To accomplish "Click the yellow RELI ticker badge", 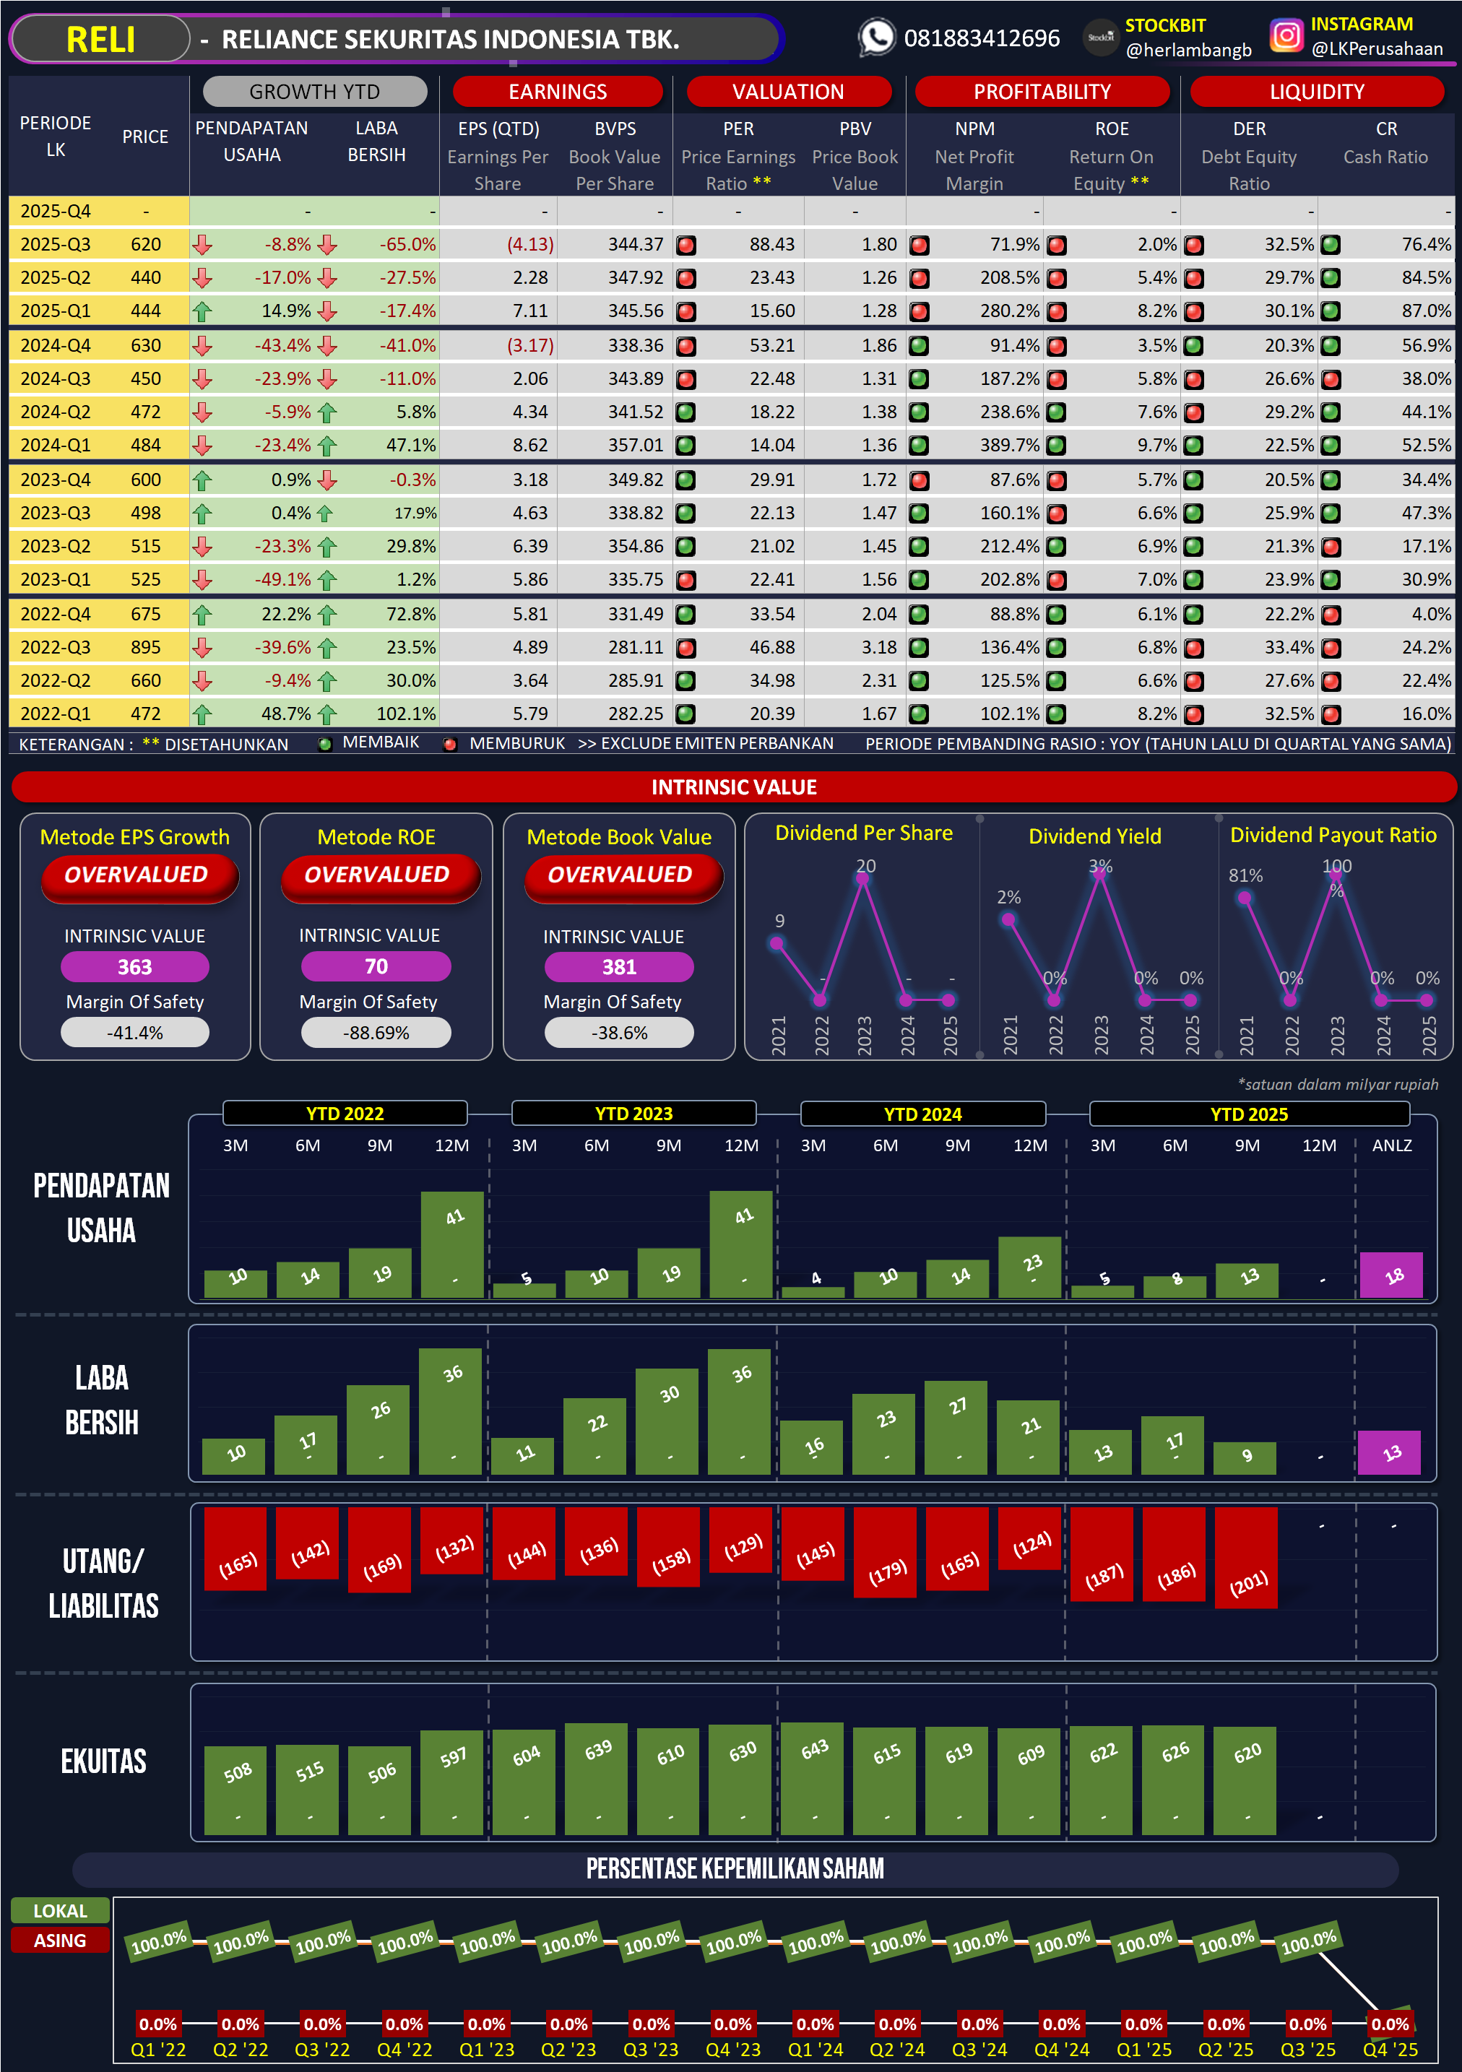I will pos(100,40).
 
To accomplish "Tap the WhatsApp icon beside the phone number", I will pos(875,38).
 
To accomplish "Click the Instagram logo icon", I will pos(1285,36).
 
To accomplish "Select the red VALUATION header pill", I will pos(788,91).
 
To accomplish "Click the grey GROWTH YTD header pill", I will pos(314,91).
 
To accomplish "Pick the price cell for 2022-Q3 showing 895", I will pos(145,647).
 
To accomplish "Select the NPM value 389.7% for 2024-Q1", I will pos(1009,445).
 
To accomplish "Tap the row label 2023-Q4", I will pos(55,480).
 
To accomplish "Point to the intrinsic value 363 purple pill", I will pos(134,966).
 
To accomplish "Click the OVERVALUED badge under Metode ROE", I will pos(376,875).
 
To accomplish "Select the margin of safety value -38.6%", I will pos(619,1033).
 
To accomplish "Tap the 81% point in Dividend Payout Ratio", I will pos(1245,898).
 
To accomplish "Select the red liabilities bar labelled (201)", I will pos(1246,1556).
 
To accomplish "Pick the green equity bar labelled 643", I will pos(814,1778).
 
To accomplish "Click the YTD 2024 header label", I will pos(922,1114).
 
